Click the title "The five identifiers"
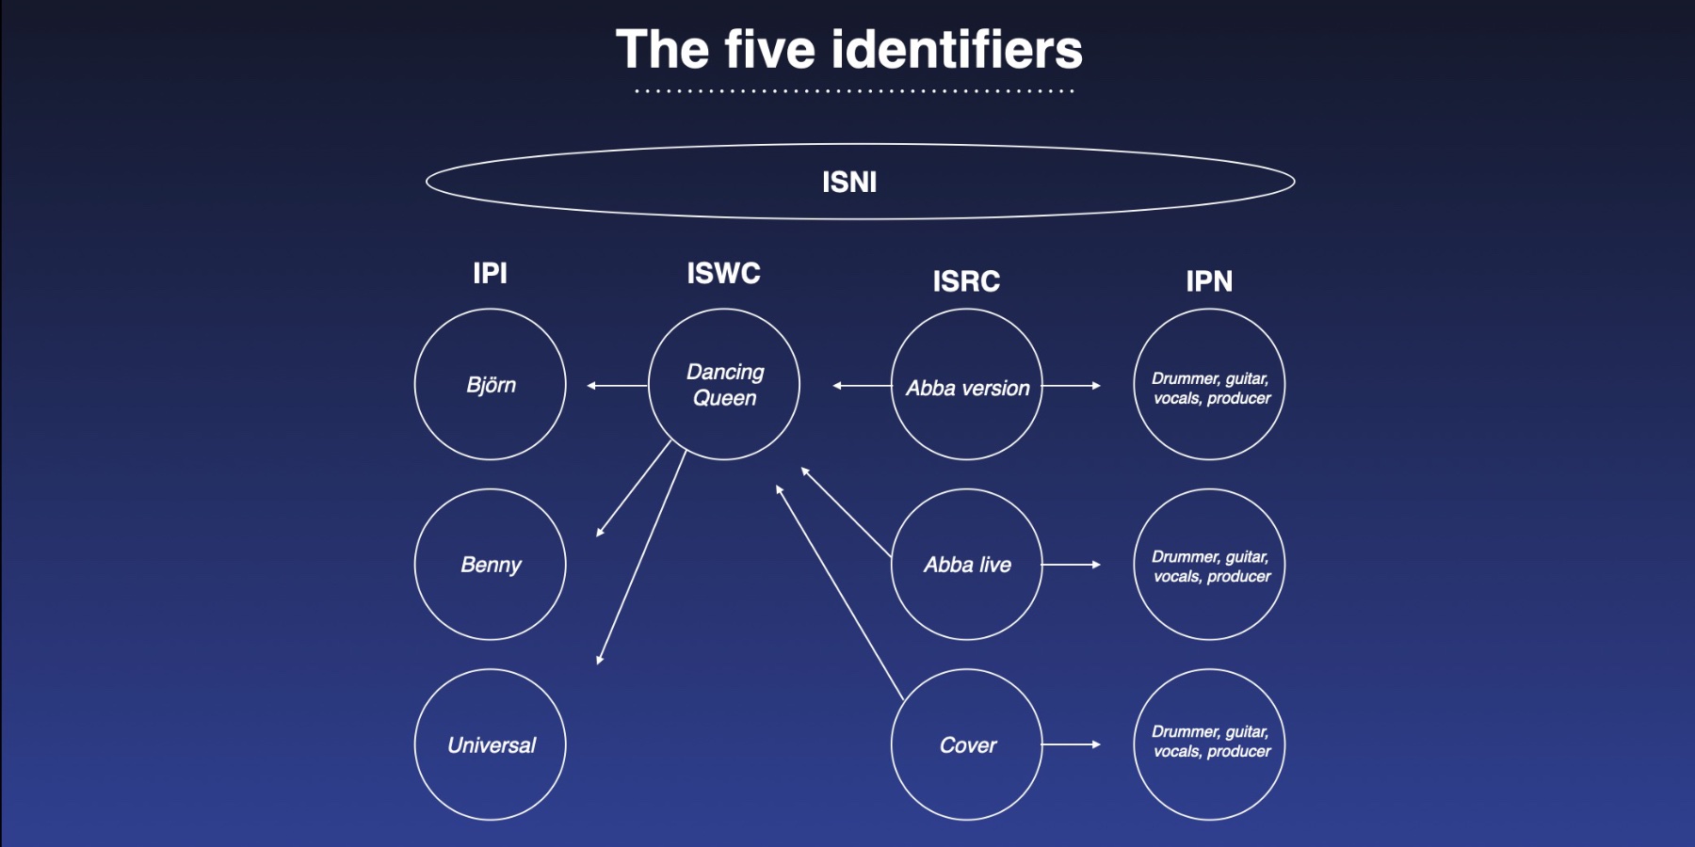tap(848, 49)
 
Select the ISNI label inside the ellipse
tap(849, 182)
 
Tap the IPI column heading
tap(490, 273)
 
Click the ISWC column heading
tap(723, 273)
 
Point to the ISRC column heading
tap(966, 280)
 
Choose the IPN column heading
tap(1209, 280)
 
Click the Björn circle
tap(491, 384)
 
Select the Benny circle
tap(491, 565)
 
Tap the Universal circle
tap(491, 744)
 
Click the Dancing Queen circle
tap(724, 384)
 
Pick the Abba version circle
tap(967, 384)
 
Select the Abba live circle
tap(967, 565)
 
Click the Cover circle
tap(967, 744)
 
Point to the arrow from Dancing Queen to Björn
tap(617, 385)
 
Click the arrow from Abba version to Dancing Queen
tap(862, 385)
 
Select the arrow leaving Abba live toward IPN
tap(1071, 565)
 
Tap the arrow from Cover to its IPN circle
tap(1071, 744)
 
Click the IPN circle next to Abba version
tap(1209, 384)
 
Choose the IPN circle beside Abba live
tap(1209, 565)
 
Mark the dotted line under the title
tap(854, 91)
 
